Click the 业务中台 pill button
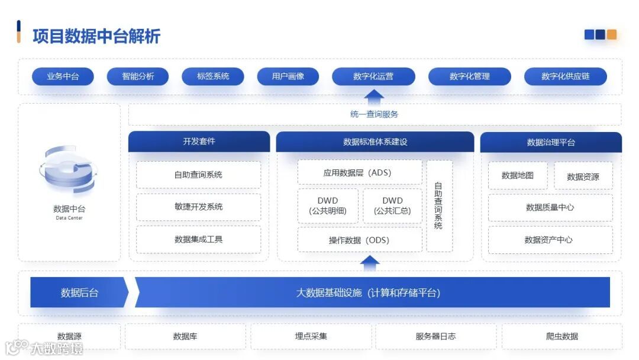[x=63, y=76]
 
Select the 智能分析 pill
[x=138, y=76]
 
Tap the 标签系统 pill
[x=213, y=76]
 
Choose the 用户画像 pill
[x=288, y=76]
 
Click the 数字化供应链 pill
[x=565, y=76]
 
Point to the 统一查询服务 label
[x=374, y=114]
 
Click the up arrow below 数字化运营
[x=374, y=96]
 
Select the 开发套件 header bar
[x=199, y=142]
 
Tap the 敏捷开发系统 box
[x=199, y=207]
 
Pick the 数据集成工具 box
[x=199, y=239]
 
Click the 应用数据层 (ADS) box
[x=360, y=173]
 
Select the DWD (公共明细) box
[x=328, y=206]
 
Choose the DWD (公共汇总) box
[x=392, y=206]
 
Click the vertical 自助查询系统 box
[x=439, y=206]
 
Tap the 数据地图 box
[x=518, y=176]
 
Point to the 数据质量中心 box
[x=550, y=208]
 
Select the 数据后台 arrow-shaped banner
[x=79, y=292]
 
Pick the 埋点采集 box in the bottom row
[x=311, y=336]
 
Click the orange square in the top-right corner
[x=612, y=34]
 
